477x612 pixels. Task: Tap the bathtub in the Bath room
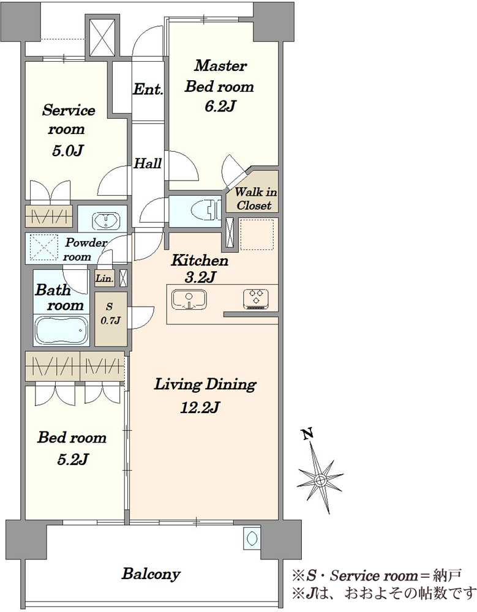(61, 330)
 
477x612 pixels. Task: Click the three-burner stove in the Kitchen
(256, 299)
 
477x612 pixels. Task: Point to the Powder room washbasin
(106, 221)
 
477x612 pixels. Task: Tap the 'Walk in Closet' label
(256, 198)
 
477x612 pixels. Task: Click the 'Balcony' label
(151, 574)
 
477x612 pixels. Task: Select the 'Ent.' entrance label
(148, 89)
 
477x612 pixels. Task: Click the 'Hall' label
(148, 163)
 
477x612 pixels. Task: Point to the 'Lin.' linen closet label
(105, 278)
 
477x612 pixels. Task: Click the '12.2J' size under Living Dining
(200, 408)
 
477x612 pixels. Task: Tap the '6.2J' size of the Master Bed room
(220, 106)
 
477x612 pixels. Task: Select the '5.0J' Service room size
(67, 151)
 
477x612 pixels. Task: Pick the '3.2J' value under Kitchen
(200, 277)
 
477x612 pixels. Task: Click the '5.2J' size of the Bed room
(72, 460)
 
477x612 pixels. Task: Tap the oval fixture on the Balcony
(252, 538)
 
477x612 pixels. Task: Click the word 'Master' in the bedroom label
(220, 65)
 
